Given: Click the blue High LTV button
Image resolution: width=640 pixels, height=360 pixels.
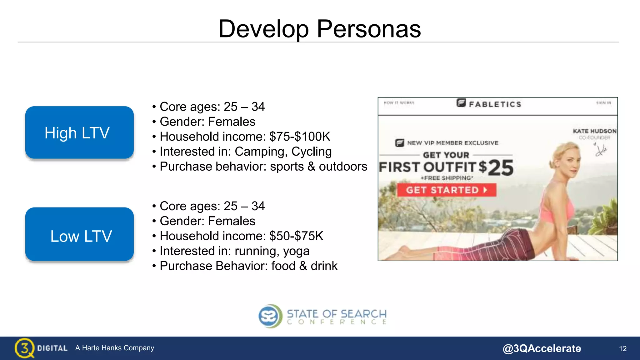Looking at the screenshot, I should click(79, 132).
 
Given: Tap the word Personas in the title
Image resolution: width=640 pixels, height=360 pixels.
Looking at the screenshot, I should click(369, 29).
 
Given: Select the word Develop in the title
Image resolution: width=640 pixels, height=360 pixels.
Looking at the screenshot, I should click(264, 29).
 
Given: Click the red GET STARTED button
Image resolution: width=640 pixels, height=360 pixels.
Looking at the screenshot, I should click(447, 190).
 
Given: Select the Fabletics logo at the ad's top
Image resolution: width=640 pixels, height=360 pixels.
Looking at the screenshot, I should click(489, 103).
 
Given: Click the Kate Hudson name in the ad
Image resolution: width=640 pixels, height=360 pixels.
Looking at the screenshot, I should click(594, 131).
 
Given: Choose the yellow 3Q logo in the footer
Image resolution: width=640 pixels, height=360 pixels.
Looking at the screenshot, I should click(24, 348).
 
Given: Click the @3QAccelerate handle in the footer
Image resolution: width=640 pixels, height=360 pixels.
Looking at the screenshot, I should click(542, 348).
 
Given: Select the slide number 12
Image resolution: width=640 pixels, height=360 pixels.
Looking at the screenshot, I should click(622, 349).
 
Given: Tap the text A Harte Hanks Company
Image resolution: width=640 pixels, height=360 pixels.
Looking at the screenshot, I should click(115, 348).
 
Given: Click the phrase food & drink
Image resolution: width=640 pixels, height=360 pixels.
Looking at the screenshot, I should click(304, 266).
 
